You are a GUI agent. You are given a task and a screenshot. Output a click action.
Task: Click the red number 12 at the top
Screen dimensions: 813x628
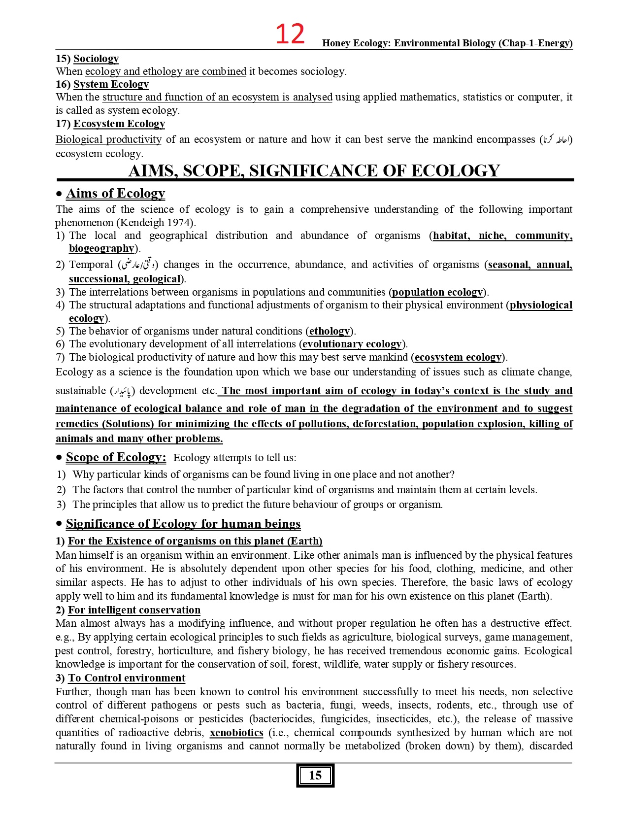point(290,34)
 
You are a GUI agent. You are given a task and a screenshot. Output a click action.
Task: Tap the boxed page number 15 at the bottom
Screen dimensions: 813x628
point(315,776)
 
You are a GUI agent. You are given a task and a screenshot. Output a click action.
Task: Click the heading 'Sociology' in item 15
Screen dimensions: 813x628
point(96,59)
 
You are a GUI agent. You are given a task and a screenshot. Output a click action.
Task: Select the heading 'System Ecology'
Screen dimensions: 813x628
point(111,84)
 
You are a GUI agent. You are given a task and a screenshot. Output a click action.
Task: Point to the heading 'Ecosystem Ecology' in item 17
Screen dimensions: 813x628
point(119,124)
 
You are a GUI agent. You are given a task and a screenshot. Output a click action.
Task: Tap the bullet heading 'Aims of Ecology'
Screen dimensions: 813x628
point(115,193)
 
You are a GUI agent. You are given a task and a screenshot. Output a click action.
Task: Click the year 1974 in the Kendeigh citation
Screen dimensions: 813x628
point(180,222)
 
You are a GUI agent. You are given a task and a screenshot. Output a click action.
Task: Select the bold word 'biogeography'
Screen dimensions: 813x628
point(101,248)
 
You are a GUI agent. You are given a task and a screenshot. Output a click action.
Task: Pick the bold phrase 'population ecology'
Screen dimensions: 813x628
point(437,292)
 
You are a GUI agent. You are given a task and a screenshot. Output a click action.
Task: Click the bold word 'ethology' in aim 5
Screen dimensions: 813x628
point(330,331)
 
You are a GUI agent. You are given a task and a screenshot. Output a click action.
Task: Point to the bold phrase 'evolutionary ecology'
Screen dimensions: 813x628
point(352,344)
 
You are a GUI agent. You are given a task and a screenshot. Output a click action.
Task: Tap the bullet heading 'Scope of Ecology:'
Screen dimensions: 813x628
point(116,457)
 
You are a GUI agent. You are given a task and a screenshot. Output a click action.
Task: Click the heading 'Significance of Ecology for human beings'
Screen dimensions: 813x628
point(183,524)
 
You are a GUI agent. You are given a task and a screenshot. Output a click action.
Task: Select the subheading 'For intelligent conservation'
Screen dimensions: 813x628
point(134,610)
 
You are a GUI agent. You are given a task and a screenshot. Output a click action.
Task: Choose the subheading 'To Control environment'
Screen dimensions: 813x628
point(127,678)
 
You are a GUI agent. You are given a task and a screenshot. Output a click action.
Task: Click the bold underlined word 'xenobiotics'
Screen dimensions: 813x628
point(236,733)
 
